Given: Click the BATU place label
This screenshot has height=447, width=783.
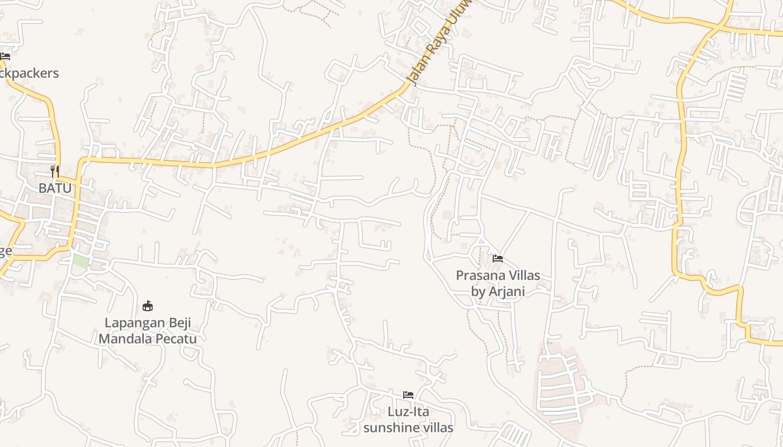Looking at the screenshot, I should [55, 188].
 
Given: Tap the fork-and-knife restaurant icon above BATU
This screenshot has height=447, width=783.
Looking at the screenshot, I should [55, 171].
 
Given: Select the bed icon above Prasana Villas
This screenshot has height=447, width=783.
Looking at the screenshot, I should [498, 259].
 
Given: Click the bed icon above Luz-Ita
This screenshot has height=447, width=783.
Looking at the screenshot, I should [408, 395].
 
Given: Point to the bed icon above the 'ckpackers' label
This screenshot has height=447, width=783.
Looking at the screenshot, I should [5, 56].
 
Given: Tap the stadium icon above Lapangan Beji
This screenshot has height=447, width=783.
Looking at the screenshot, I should [148, 306].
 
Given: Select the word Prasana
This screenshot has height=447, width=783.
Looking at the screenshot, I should [480, 275].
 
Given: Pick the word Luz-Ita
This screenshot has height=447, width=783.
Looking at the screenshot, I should [408, 412].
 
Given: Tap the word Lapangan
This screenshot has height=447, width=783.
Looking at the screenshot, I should [135, 323].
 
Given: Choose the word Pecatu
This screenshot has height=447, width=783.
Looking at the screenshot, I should [179, 339].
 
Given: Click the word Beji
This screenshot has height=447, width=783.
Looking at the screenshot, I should [180, 323].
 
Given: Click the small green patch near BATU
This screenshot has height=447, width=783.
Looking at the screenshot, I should [81, 261].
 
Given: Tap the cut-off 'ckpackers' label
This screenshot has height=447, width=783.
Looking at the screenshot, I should [29, 73].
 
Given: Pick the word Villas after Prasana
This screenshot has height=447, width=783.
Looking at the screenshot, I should [524, 275].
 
